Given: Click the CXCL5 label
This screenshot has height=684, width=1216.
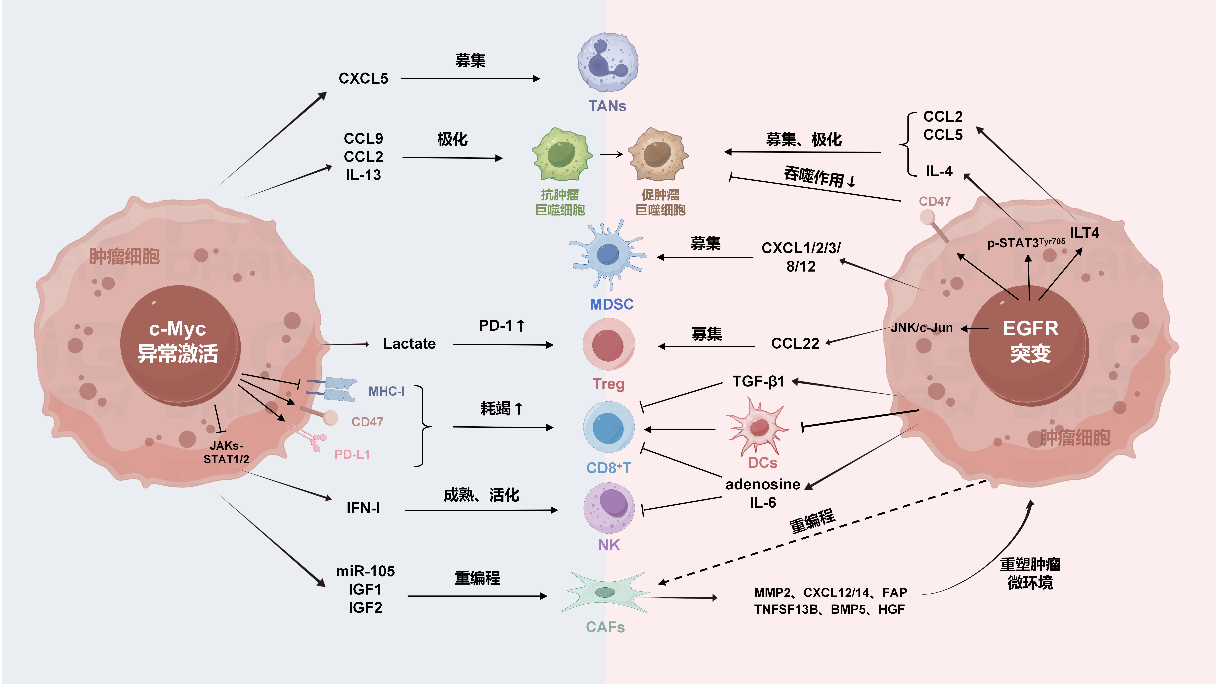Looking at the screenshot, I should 363,78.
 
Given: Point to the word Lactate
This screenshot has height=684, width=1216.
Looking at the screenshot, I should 409,344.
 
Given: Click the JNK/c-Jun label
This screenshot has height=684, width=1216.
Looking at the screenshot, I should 921,328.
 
